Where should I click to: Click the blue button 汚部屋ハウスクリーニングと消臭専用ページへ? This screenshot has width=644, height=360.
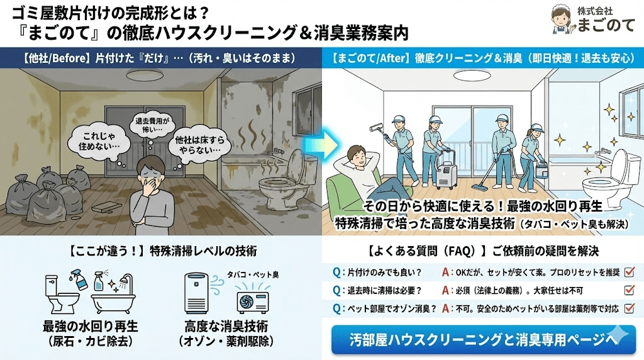pos(483,340)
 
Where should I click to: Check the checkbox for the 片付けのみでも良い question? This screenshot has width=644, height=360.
pos(630,273)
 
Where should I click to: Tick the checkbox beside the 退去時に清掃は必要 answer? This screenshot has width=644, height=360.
pos(630,291)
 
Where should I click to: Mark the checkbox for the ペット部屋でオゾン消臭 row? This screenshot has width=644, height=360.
pos(630,309)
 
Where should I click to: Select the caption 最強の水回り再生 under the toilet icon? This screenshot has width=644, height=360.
pos(90,327)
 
